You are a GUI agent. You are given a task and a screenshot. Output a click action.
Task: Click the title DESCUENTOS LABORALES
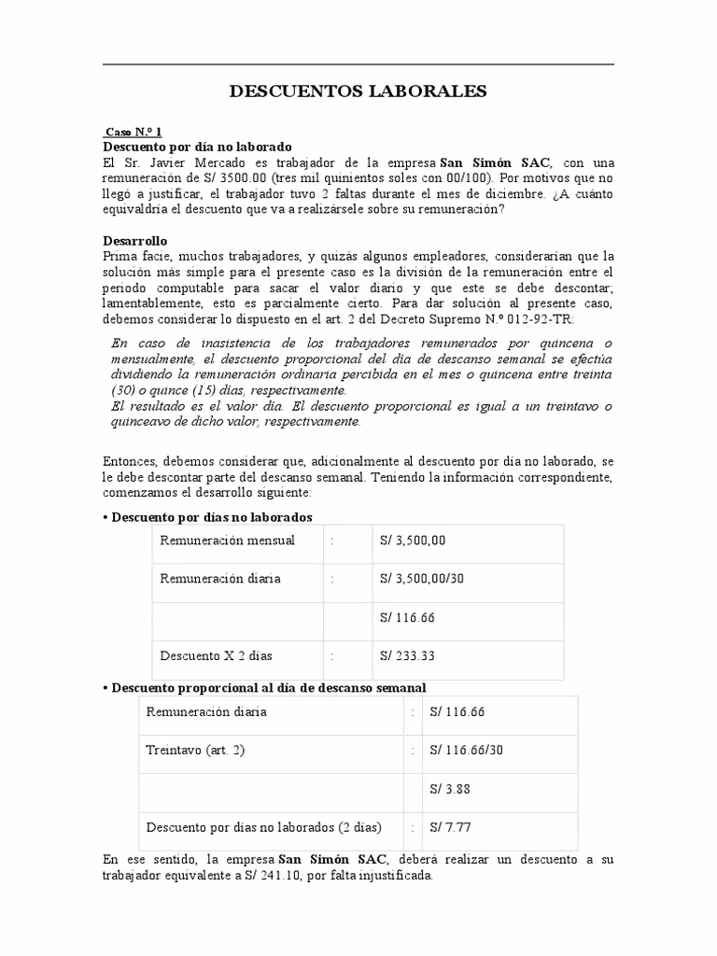point(358,91)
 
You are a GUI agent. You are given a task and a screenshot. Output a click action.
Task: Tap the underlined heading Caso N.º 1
point(134,133)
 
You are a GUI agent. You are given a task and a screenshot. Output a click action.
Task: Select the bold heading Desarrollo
point(134,241)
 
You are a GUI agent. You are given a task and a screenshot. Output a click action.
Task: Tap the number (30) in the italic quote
point(123,389)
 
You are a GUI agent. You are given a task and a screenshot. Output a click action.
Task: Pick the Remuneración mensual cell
point(227,541)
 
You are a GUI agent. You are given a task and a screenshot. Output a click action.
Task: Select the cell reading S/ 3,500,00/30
point(422,579)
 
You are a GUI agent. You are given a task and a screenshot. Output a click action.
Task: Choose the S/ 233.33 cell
point(407,655)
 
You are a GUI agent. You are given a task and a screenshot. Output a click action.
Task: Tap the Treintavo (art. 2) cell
point(196,750)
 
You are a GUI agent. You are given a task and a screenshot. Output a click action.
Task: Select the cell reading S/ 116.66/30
point(467,750)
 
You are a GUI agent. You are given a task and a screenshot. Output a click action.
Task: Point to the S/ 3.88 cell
point(450,788)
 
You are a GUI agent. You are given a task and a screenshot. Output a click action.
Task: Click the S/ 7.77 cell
point(450,826)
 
